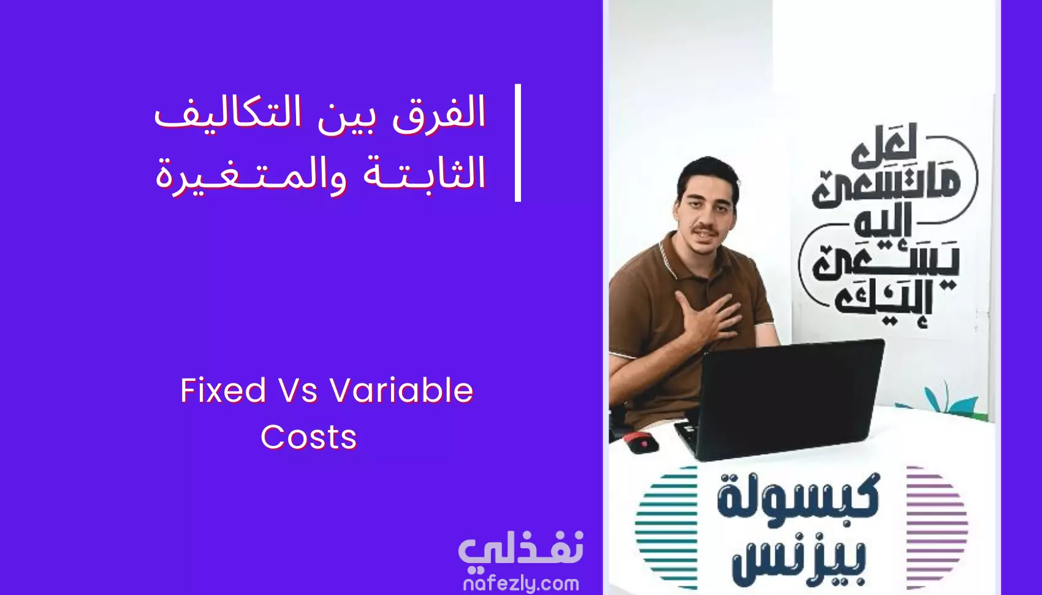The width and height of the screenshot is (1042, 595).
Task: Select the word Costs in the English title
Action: [x=308, y=437]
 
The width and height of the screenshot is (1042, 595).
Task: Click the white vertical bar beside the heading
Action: [x=518, y=142]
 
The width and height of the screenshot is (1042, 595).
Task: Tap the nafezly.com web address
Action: [x=521, y=584]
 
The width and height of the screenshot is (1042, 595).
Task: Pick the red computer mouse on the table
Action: [x=642, y=442]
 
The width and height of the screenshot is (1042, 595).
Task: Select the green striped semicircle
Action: [x=666, y=528]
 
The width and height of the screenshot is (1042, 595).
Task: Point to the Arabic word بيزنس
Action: [x=798, y=563]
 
